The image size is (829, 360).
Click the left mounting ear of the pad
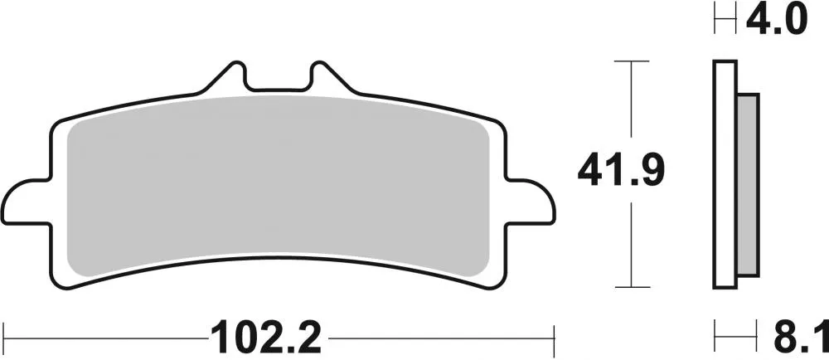click(30, 198)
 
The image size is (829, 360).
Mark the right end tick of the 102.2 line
click(553, 338)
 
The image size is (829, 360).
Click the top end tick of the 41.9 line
click(633, 61)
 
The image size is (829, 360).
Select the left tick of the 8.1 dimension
click(715, 338)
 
